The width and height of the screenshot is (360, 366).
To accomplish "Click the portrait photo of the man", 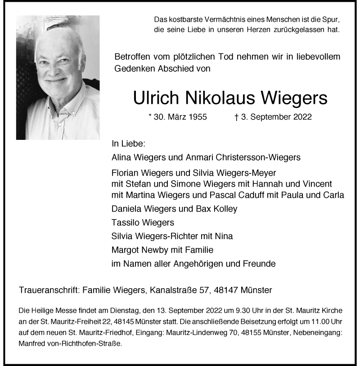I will pyautogui.click(x=58, y=77).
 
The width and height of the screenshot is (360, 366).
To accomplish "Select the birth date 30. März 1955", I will pyautogui.click(x=177, y=117).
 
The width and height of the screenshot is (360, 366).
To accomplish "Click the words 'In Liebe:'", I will pyautogui.click(x=128, y=144).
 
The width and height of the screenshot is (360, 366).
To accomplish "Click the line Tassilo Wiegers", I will pyautogui.click(x=142, y=223).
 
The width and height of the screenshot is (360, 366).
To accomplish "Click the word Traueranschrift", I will pyautogui.click(x=48, y=290).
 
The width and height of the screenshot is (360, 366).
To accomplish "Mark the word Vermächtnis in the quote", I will pyautogui.click(x=208, y=20).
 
